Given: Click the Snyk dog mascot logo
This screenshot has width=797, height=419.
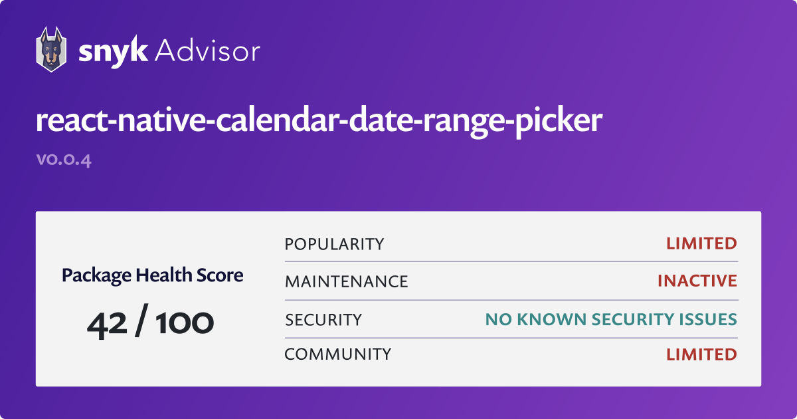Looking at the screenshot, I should [x=50, y=50].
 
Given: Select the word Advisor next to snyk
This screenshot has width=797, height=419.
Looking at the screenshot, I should [x=208, y=51].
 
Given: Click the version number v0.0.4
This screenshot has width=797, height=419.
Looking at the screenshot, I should [x=64, y=160].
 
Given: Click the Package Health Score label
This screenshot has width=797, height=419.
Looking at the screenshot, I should [x=152, y=275].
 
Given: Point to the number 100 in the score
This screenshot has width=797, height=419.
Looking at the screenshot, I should [x=185, y=324].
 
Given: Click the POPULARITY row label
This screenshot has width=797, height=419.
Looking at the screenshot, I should [x=334, y=244].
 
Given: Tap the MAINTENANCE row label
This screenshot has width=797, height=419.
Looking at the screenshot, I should [x=346, y=281].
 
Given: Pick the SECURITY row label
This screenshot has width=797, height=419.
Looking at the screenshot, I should [x=323, y=320].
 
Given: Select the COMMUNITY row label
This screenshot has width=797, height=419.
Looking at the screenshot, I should [x=338, y=354].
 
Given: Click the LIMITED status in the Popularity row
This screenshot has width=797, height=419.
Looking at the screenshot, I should [x=701, y=244].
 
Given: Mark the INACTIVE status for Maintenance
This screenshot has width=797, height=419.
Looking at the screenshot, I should [x=697, y=281].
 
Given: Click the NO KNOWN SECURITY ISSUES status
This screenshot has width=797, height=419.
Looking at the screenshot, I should [x=611, y=320].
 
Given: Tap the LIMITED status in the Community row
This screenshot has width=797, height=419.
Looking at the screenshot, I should [x=701, y=354].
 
